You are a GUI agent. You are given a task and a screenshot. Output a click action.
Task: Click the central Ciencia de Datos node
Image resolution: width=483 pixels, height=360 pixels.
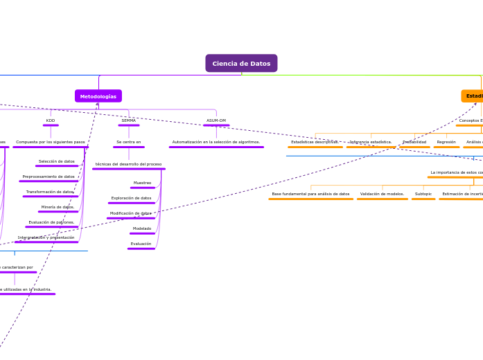[x=241, y=64]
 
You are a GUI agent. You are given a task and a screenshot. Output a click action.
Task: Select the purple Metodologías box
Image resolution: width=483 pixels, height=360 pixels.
[x=98, y=96]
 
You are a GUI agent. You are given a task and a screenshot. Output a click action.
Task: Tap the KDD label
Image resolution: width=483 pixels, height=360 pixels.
[x=51, y=120]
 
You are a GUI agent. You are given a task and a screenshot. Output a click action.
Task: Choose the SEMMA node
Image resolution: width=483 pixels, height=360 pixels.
[x=129, y=120]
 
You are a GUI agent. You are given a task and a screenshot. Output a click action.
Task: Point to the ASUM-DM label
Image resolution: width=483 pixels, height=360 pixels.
[x=216, y=120]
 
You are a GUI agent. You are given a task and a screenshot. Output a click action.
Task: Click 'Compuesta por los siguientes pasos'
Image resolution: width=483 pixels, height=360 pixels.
[x=51, y=142]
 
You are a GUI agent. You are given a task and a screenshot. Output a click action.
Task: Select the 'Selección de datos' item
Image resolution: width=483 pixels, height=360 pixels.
[x=57, y=161]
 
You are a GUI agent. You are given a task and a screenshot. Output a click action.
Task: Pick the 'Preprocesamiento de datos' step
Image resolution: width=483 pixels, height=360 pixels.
[x=49, y=177]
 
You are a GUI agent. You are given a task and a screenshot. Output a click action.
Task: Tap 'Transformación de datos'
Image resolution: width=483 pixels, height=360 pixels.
[x=50, y=192]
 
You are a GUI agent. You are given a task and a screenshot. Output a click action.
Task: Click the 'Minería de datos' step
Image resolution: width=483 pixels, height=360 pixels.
[x=58, y=207]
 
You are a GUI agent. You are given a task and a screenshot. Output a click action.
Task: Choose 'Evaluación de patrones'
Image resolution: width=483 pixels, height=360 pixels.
[x=51, y=222]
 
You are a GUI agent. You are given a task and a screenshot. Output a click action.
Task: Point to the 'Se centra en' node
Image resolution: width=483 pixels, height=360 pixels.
[x=129, y=142]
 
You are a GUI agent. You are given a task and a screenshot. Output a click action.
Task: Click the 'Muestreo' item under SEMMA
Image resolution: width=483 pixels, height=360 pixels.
[x=142, y=183]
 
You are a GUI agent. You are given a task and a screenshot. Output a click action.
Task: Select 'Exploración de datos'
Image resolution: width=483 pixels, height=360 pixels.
[x=131, y=198]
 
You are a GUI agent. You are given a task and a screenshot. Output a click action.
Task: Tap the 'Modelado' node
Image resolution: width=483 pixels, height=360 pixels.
[x=142, y=228]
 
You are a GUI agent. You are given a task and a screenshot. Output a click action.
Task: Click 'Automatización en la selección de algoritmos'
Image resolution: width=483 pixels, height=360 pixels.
[x=216, y=142]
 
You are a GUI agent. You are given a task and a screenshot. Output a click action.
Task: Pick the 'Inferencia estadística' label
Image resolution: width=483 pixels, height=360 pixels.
[x=371, y=142]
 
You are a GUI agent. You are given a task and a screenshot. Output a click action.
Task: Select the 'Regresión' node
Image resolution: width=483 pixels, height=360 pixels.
[x=446, y=142]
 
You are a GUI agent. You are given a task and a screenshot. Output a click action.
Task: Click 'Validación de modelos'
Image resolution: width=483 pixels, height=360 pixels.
[x=382, y=194]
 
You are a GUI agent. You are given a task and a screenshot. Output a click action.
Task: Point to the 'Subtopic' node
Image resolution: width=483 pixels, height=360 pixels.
[x=423, y=194]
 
